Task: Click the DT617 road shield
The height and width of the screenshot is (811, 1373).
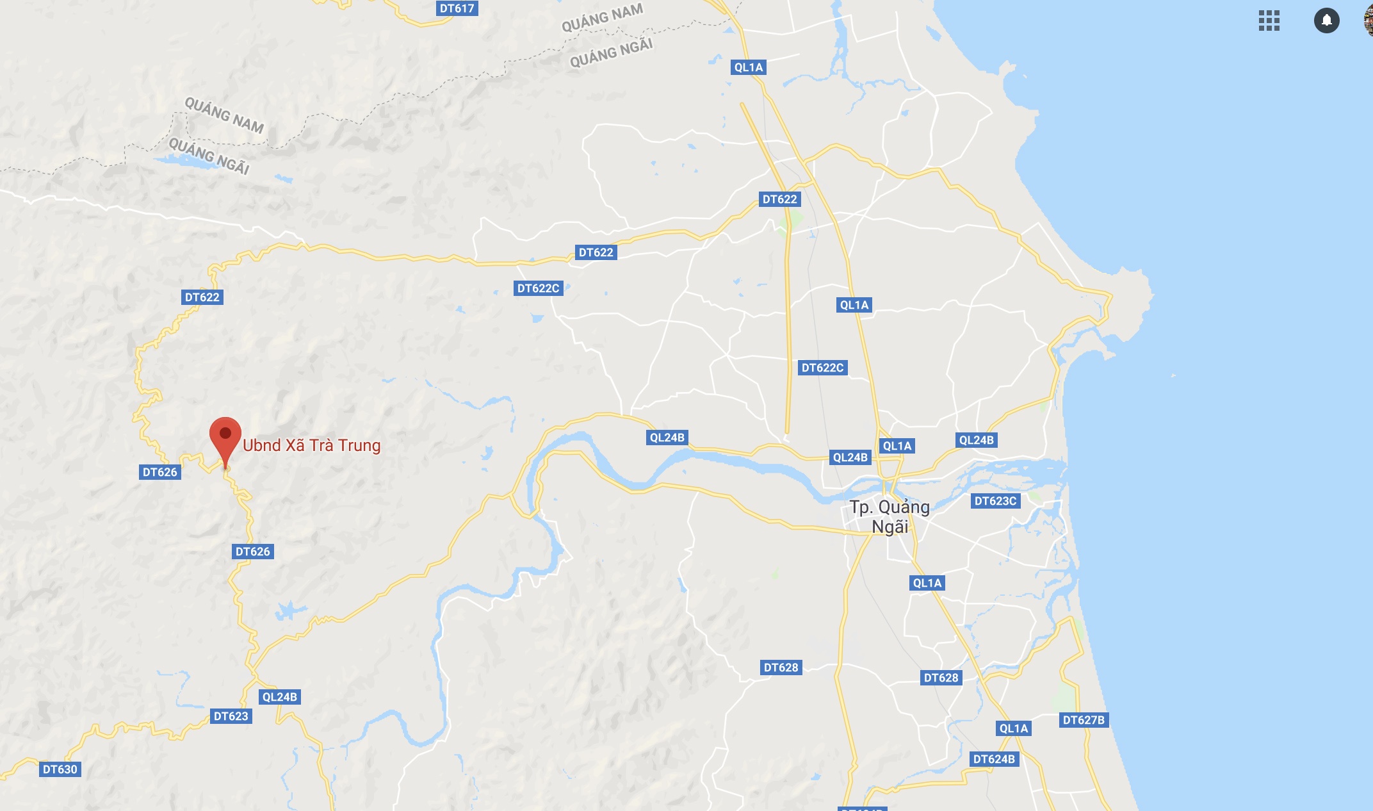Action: (x=457, y=8)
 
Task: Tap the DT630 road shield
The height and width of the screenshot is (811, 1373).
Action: (x=60, y=769)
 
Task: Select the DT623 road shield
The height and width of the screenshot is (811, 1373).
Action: (x=231, y=716)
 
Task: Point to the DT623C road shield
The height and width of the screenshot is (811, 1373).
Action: (x=995, y=501)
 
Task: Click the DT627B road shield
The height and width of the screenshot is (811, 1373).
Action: (x=1084, y=720)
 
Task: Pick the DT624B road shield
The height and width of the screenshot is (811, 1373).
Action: (x=994, y=759)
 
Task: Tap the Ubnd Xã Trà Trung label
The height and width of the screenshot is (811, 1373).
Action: (x=311, y=445)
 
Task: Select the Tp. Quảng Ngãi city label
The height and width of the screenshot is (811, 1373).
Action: (x=890, y=517)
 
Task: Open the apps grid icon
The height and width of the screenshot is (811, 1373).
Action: (x=1269, y=20)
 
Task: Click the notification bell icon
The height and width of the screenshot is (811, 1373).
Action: (x=1326, y=20)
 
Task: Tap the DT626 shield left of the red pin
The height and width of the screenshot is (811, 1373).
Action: (x=159, y=472)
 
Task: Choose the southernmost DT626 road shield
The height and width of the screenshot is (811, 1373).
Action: (x=252, y=552)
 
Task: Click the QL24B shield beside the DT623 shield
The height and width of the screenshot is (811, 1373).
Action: (x=280, y=697)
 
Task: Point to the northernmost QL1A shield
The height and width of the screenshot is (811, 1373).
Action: (x=749, y=67)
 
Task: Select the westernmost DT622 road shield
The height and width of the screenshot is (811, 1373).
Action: (x=202, y=297)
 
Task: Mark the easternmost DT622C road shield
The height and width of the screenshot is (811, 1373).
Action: (x=822, y=368)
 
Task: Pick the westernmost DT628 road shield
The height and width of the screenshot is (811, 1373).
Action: (x=781, y=668)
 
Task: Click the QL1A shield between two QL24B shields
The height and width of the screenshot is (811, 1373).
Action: (x=897, y=446)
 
